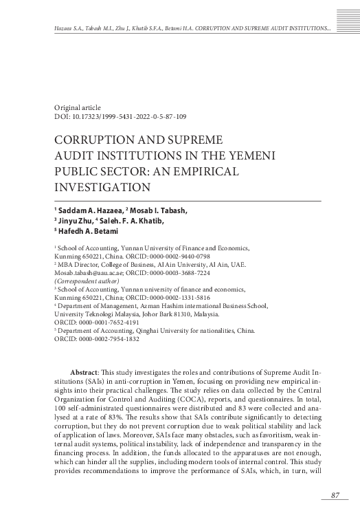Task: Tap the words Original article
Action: coord(77,108)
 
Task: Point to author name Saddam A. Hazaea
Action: coord(89,210)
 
